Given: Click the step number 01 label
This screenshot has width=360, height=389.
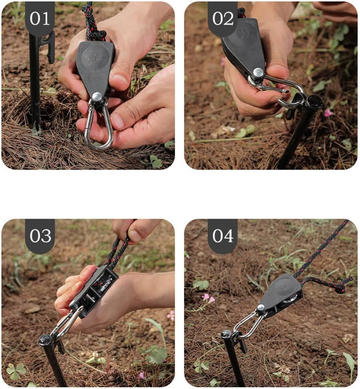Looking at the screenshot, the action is [40, 18].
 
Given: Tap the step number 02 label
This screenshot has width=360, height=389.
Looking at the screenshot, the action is [223, 18].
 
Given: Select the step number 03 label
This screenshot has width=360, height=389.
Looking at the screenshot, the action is [40, 236].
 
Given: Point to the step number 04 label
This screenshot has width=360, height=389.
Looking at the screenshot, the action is [223, 236].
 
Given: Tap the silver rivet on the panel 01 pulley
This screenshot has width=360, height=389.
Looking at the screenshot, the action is [97, 96].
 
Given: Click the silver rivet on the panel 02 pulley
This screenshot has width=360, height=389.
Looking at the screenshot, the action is [258, 72].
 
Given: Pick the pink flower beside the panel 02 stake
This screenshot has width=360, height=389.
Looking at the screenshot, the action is [328, 113].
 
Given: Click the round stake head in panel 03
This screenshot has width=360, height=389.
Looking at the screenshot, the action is [45, 340].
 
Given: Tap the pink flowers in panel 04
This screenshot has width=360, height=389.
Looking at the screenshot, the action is [208, 298].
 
